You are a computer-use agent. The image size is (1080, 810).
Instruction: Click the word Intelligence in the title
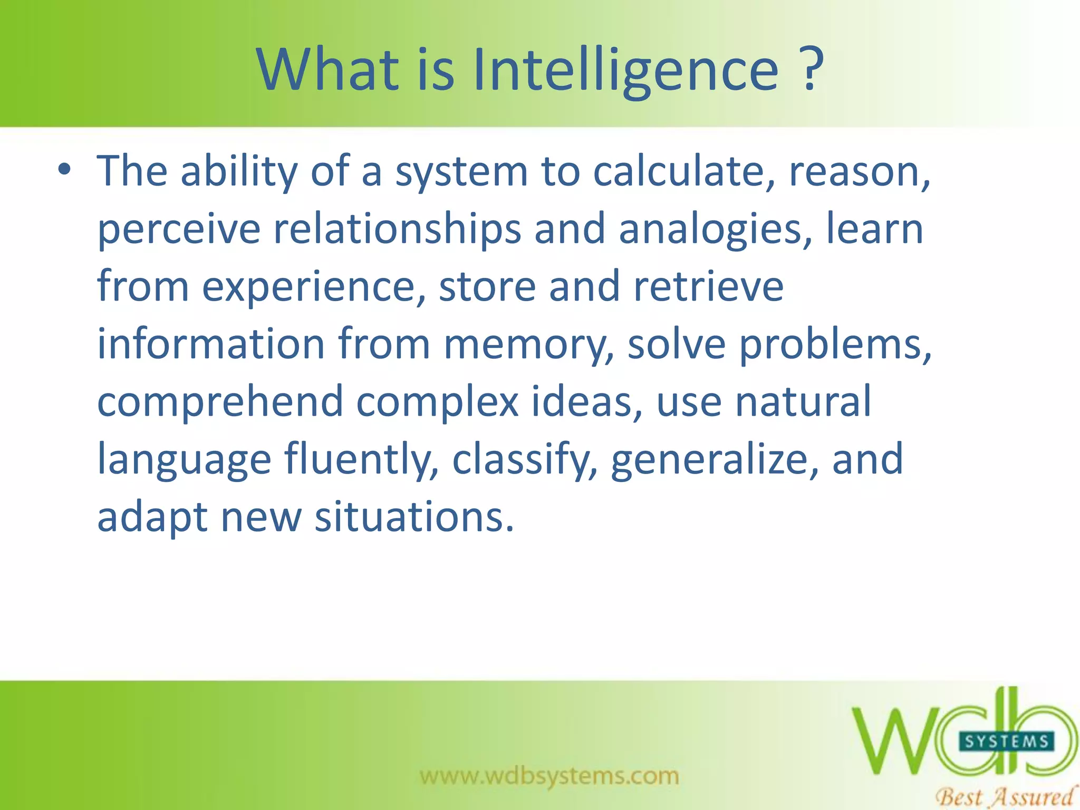point(625,71)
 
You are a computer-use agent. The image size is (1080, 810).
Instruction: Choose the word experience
point(313,287)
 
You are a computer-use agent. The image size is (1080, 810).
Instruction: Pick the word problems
point(834,345)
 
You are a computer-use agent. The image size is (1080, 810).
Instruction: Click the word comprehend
point(220,402)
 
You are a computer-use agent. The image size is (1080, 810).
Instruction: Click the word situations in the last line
point(413,517)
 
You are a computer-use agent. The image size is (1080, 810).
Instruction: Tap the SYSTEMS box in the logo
point(1006,742)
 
